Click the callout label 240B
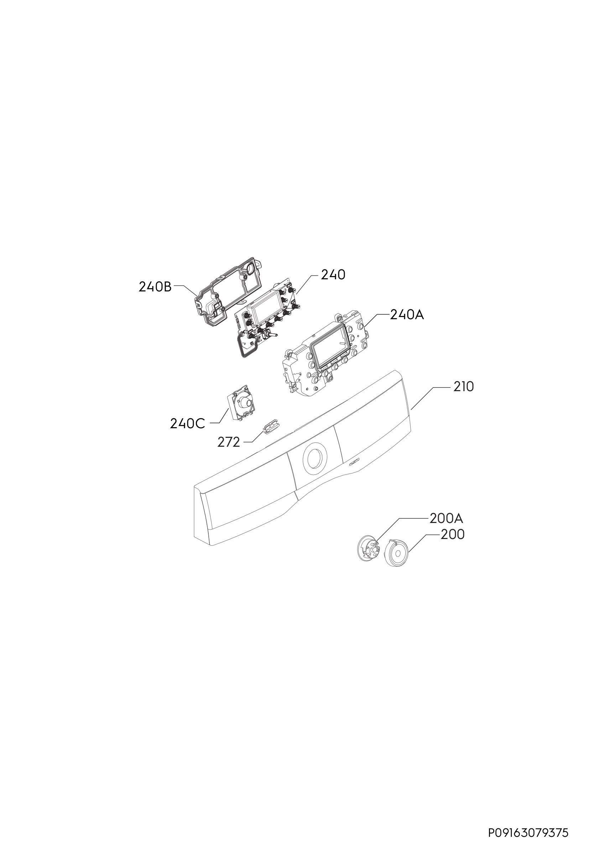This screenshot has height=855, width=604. pyautogui.click(x=155, y=287)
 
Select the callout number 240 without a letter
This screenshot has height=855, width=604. pyautogui.click(x=333, y=275)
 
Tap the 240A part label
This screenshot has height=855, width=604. pyautogui.click(x=407, y=315)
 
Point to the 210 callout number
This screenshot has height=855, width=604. pyautogui.click(x=463, y=387)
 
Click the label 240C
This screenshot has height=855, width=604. pyautogui.click(x=187, y=424)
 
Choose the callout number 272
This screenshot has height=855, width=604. pyautogui.click(x=229, y=442)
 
